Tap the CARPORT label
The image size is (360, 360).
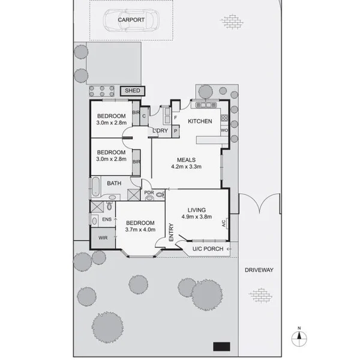(x=131, y=20)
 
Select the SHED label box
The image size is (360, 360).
(x=132, y=91)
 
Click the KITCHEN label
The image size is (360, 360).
(x=200, y=121)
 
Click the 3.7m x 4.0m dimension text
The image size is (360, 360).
(x=140, y=229)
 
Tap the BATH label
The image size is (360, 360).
(x=114, y=184)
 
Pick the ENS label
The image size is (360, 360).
(x=106, y=220)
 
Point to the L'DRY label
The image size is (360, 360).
(x=160, y=131)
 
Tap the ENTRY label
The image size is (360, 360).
(x=172, y=232)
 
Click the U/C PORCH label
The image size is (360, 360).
(x=207, y=249)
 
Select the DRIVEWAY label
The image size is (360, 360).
(x=259, y=270)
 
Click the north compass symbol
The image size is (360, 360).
(x=298, y=336)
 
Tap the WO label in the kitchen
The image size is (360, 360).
(x=223, y=130)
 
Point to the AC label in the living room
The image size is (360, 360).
(x=223, y=223)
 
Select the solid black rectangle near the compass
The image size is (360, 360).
(x=222, y=346)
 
